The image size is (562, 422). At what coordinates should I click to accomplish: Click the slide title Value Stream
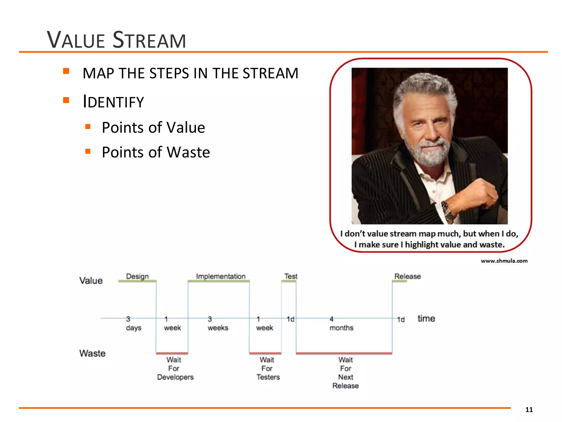coord(116,40)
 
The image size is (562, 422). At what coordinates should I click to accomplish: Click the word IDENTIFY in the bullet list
coord(113,102)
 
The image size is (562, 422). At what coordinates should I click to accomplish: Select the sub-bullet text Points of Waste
coord(156,152)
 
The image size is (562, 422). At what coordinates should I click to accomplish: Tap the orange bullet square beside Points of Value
coord(88,127)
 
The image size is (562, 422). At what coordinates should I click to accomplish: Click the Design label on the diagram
coord(137,276)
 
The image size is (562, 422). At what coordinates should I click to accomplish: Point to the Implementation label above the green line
coord(221,276)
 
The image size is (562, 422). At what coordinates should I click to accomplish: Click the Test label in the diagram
coord(291,276)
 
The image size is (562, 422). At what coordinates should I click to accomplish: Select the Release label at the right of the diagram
coord(407,276)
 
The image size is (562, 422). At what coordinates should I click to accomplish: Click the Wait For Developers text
coord(175,368)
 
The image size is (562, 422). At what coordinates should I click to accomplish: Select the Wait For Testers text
coord(268,368)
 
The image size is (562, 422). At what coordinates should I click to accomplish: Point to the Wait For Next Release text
coord(345,373)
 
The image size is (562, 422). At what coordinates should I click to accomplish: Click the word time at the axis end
coord(426,318)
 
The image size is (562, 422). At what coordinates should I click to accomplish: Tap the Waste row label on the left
coord(92,353)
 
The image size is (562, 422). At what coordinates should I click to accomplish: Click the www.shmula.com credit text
coord(504,261)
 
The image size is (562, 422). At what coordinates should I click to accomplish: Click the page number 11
coord(529,410)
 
